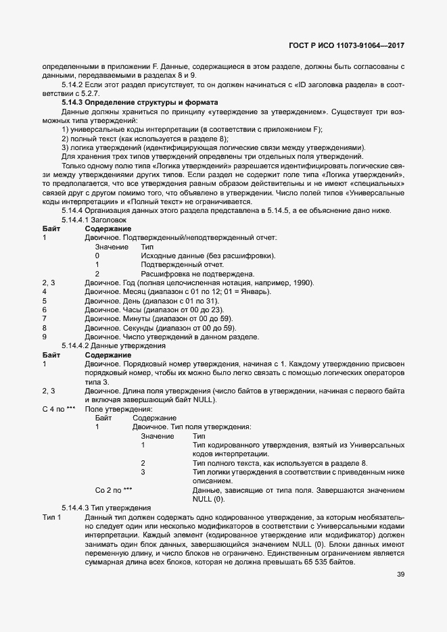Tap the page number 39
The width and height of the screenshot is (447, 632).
pos(400,575)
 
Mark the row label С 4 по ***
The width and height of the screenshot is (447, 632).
pos(58,409)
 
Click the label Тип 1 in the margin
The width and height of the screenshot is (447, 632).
pos(51,516)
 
